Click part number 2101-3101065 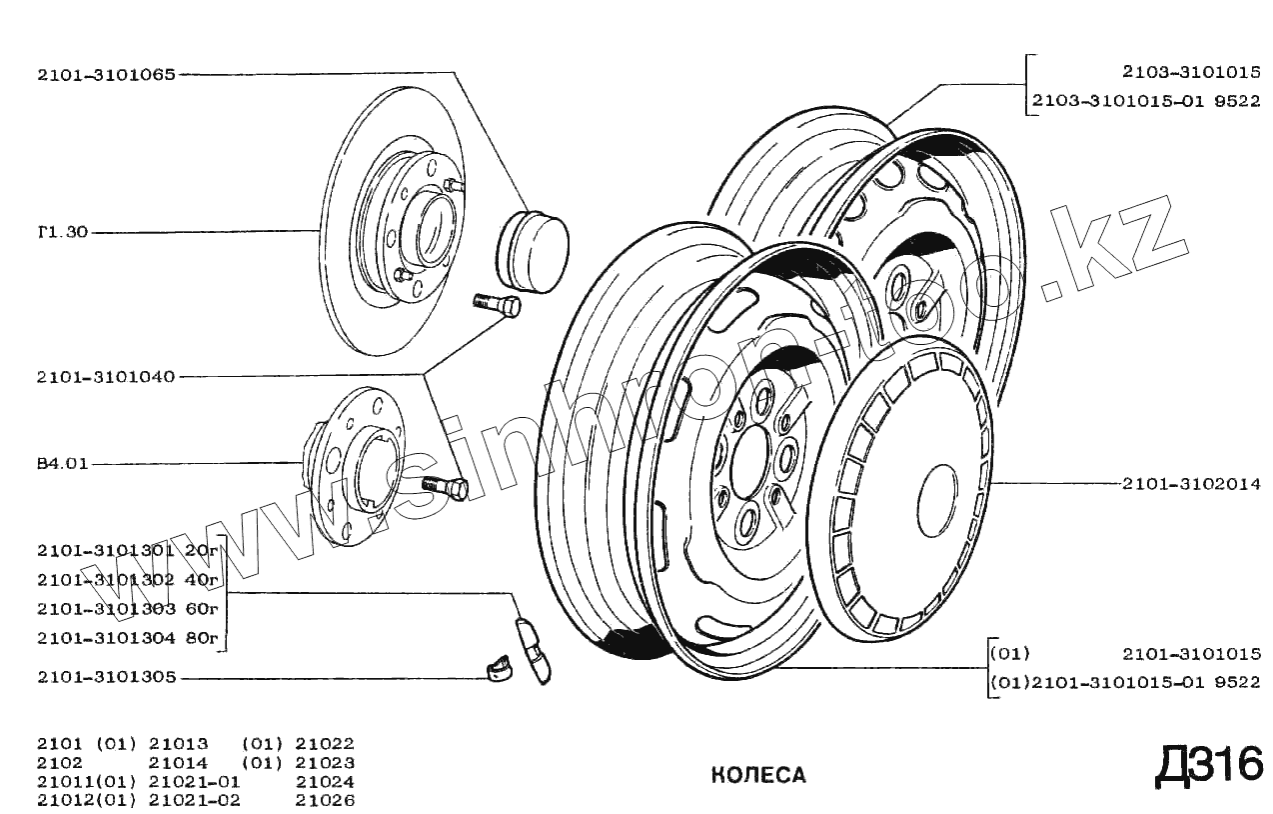(x=106, y=74)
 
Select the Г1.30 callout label (x=62, y=232)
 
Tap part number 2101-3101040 (x=106, y=377)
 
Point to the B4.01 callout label (x=62, y=464)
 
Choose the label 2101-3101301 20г (x=127, y=550)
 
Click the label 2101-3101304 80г (x=127, y=637)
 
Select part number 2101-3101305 (x=106, y=677)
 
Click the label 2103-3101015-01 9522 (x=1146, y=100)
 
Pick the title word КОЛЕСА (x=758, y=775)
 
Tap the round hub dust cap (x=533, y=251)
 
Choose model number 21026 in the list (x=325, y=799)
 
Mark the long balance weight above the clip (x=532, y=648)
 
